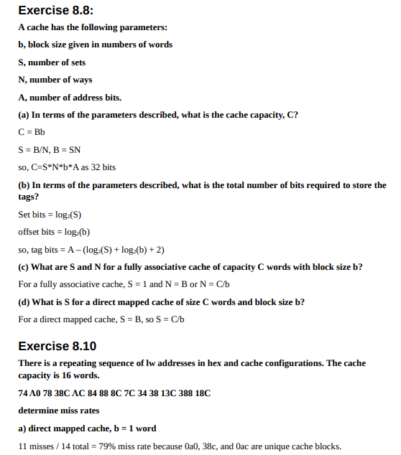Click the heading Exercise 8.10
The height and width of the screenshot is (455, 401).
point(57,345)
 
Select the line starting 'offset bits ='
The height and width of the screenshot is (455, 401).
point(54,232)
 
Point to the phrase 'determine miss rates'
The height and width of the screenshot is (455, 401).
point(58,411)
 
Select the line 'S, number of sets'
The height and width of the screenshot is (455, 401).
point(52,62)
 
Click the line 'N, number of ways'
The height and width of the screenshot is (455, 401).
point(55,80)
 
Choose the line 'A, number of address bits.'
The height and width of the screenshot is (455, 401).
point(70,98)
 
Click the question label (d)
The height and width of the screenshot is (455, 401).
point(24,301)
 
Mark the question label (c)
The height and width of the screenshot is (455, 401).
point(24,267)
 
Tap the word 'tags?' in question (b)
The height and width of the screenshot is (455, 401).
point(29,196)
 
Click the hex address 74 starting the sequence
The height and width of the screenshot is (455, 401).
point(22,394)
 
